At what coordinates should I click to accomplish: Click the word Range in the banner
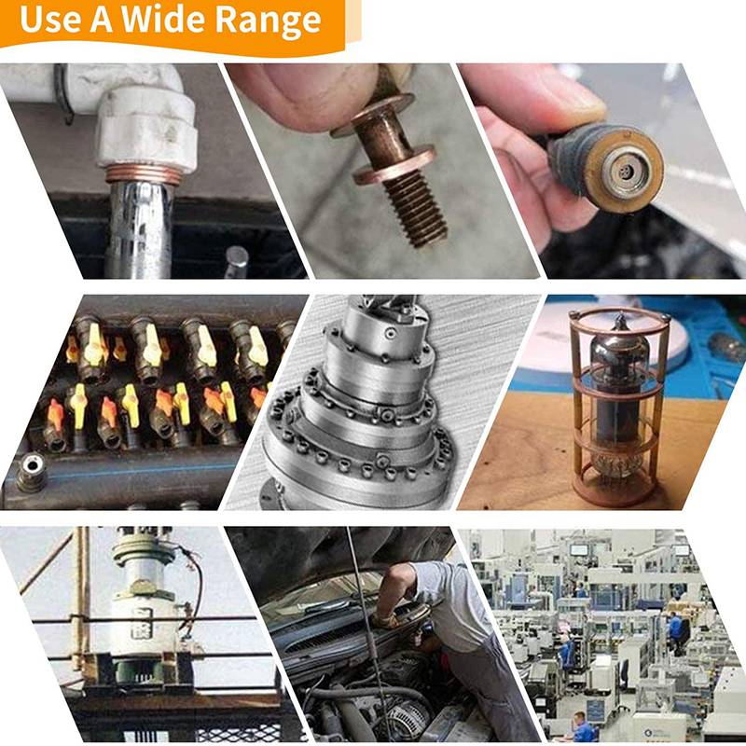click(269, 21)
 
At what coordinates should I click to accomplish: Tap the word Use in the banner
click(50, 20)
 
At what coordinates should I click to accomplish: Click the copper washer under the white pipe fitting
click(144, 174)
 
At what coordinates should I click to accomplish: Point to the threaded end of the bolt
click(415, 208)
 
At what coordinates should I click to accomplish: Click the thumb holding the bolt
click(305, 94)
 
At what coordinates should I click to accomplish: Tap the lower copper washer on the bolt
click(394, 165)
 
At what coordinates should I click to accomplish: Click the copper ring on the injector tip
click(624, 169)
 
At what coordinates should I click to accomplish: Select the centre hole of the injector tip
click(624, 171)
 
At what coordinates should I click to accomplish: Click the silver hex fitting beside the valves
click(31, 472)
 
